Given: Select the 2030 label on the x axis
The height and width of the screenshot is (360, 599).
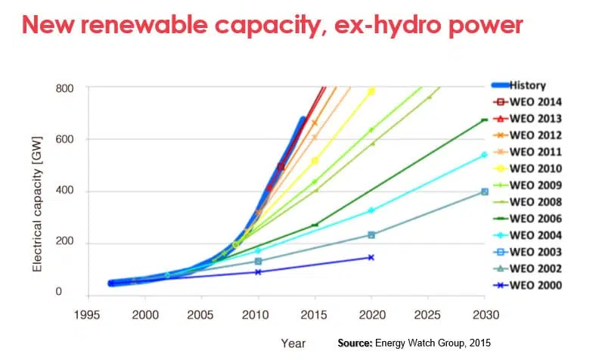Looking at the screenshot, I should [x=484, y=313].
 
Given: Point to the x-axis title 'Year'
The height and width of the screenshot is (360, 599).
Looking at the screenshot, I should [x=293, y=343].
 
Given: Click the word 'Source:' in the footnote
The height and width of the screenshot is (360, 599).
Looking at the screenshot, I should [x=355, y=343].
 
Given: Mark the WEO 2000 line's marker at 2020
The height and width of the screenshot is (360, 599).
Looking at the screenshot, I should [x=371, y=257].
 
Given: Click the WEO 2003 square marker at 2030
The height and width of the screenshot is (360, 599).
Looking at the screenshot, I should [x=484, y=192].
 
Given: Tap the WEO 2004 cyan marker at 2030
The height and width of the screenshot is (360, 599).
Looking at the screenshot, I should [x=484, y=155].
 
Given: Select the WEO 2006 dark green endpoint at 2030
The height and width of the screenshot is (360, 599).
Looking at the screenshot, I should [x=484, y=119].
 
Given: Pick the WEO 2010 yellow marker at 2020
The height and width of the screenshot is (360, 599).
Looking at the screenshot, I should [x=371, y=92].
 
